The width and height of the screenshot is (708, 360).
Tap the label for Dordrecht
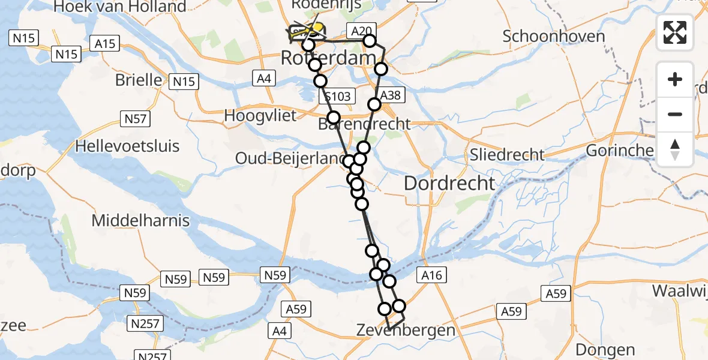coord(449,184)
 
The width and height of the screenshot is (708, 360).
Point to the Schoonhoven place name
coord(553,36)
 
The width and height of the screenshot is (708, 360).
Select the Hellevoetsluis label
coord(127,146)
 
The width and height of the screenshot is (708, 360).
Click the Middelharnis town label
coord(140,220)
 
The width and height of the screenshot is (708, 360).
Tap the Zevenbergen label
coord(406,330)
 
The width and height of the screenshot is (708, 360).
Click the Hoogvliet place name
coord(260,115)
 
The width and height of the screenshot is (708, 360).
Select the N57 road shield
coord(136,119)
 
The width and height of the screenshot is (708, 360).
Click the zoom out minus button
coord(675,114)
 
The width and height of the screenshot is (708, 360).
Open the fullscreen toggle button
coord(675,32)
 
